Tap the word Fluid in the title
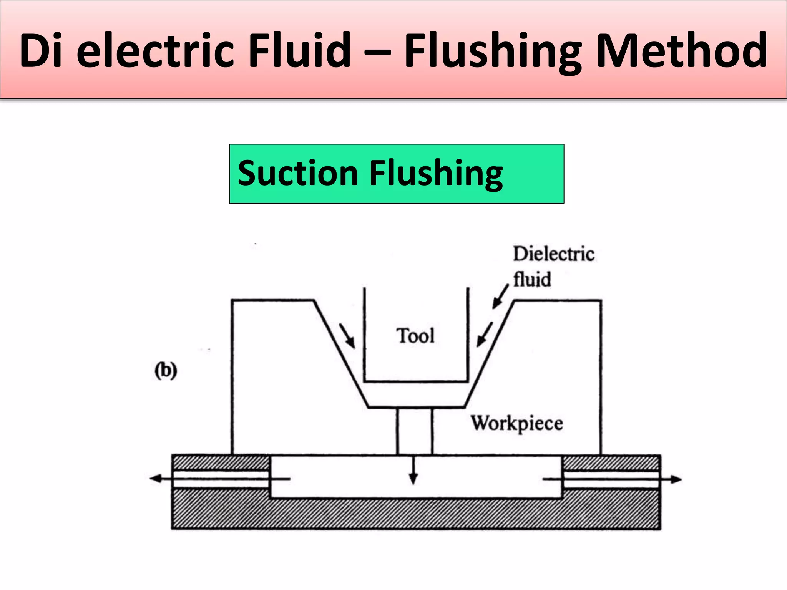click(x=299, y=51)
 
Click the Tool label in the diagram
click(x=415, y=336)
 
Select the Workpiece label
click(x=517, y=424)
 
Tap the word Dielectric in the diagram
click(x=553, y=254)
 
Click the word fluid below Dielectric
click(x=532, y=279)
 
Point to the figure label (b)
click(x=166, y=371)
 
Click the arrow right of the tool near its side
click(x=485, y=335)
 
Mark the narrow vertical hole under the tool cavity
click(x=415, y=431)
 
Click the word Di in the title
click(x=41, y=51)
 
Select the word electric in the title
click(x=155, y=51)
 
